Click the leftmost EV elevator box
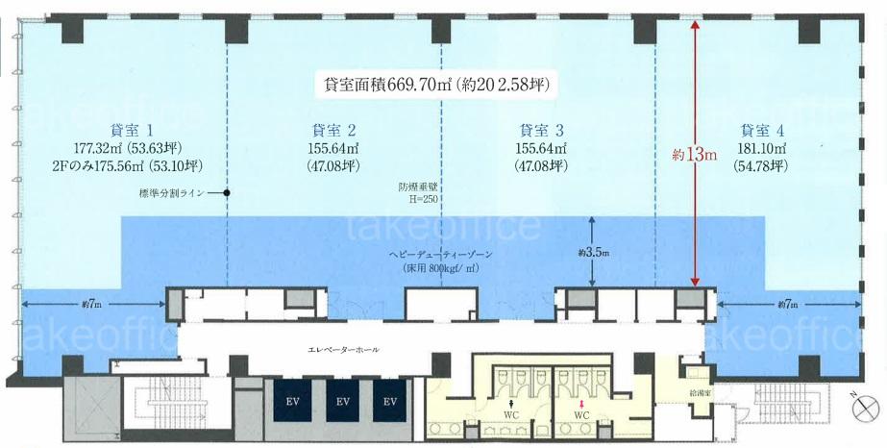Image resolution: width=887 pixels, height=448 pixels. [292, 401]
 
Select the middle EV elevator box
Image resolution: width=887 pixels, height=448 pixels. [342, 401]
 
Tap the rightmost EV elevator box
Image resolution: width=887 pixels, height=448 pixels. [390, 401]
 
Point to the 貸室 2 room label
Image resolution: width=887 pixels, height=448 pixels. [333, 131]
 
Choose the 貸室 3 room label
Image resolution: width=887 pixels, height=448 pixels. [541, 131]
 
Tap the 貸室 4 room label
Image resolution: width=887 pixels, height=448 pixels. [762, 131]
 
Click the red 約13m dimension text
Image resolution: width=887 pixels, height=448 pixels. [695, 155]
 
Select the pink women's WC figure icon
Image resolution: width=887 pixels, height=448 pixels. [579, 405]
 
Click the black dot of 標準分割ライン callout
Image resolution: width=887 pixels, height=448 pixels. [226, 193]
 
